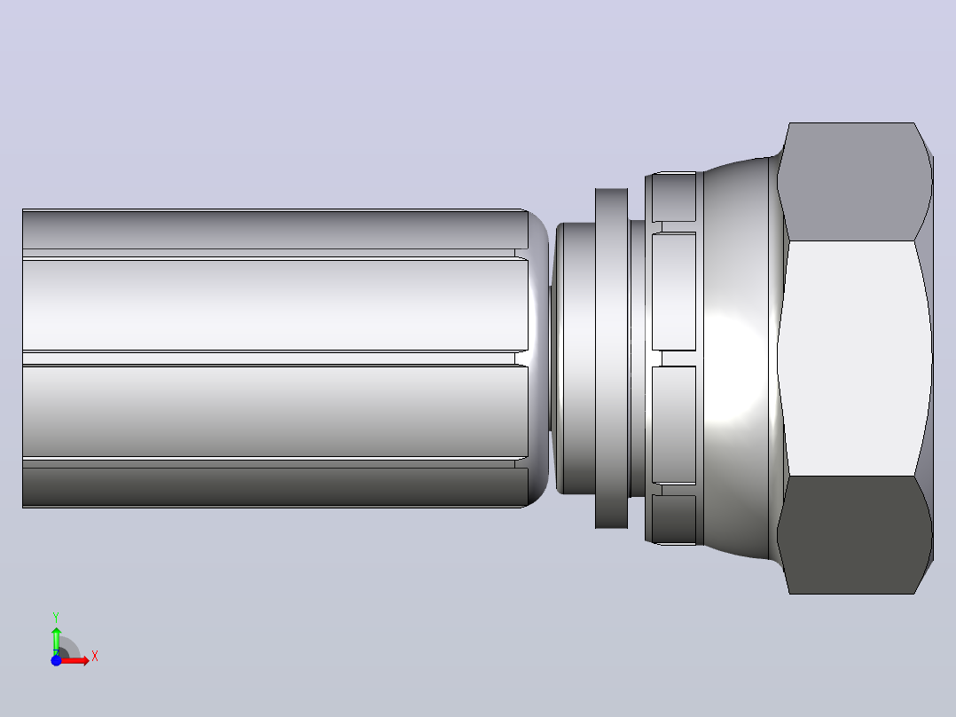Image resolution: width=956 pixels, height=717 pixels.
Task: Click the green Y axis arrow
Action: pyautogui.click(x=56, y=640)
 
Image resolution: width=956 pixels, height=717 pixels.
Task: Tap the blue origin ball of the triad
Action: pyautogui.click(x=56, y=660)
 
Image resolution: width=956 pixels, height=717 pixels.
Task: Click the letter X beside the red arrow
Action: pyautogui.click(x=95, y=657)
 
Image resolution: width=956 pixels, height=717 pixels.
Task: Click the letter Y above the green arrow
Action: pyautogui.click(x=56, y=618)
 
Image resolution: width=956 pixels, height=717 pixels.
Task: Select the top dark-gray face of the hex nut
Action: pyautogui.click(x=853, y=182)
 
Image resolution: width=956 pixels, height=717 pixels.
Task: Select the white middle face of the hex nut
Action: pyautogui.click(x=853, y=358)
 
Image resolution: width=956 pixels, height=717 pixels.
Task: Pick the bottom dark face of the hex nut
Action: pyautogui.click(x=853, y=534)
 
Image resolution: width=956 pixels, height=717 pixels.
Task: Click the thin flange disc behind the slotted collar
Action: pyautogui.click(x=612, y=358)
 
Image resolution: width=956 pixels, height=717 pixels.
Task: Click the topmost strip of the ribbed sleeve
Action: pyautogui.click(x=274, y=229)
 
